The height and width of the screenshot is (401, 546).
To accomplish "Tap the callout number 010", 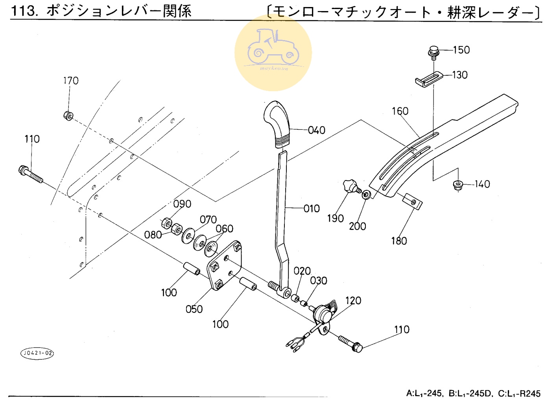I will [x=312, y=208].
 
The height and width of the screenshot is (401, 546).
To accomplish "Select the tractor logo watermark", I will [x=273, y=52].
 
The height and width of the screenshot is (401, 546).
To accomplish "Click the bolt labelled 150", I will [x=433, y=52].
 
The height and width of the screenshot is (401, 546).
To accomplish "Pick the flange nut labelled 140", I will [x=457, y=184].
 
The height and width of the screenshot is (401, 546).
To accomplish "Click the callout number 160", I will [x=400, y=111].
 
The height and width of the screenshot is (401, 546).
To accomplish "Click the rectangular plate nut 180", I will [x=412, y=201].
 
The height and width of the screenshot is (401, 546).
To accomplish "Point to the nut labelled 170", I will [x=68, y=116].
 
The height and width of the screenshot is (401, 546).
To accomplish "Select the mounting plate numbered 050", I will [x=224, y=266].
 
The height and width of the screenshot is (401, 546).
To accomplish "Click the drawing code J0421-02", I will [x=37, y=353].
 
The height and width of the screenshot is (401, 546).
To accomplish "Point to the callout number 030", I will [x=319, y=281].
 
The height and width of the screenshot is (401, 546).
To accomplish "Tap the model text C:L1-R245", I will [x=519, y=394].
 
